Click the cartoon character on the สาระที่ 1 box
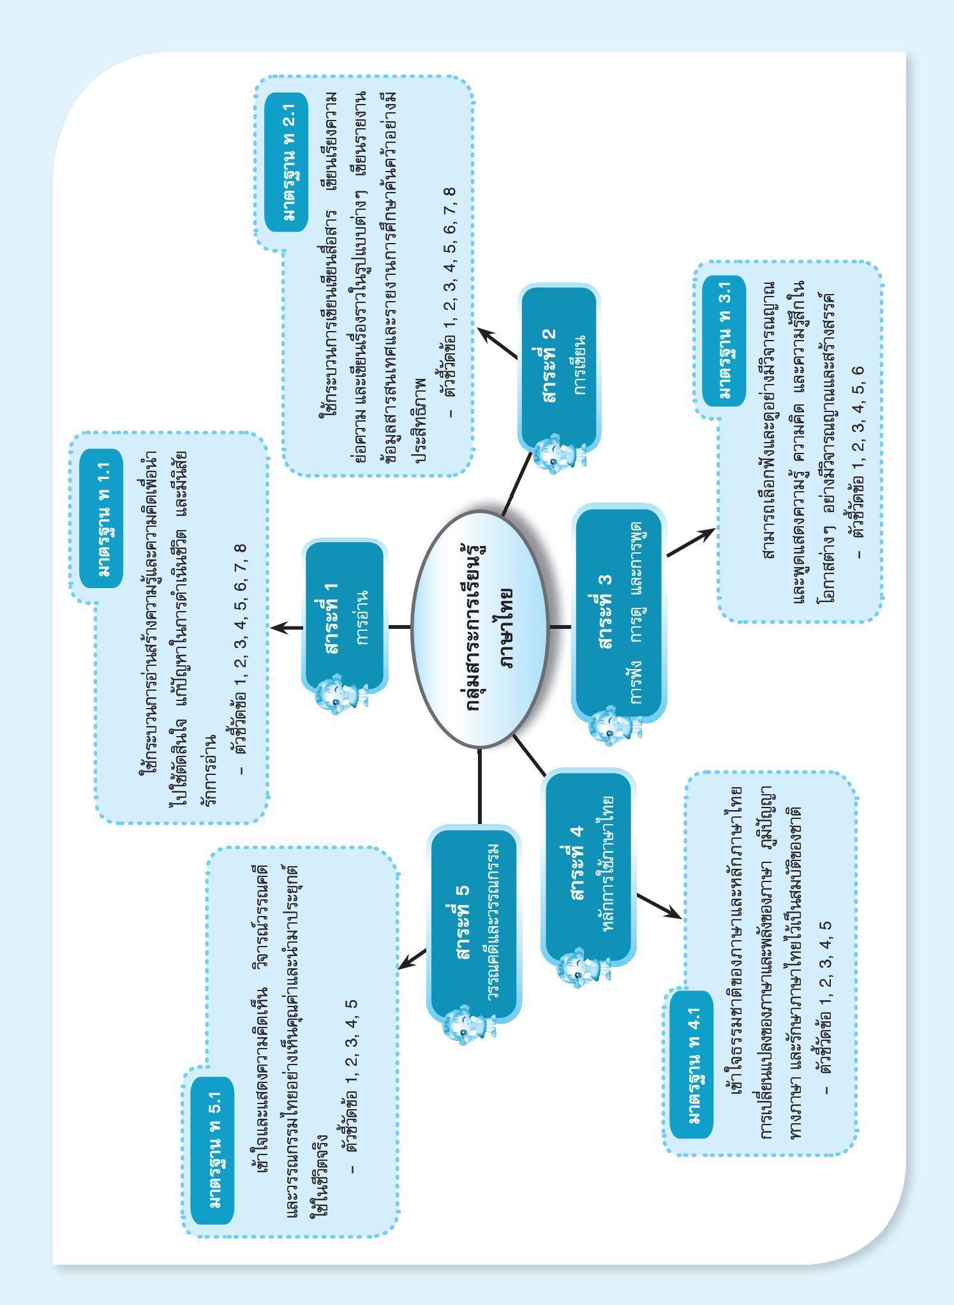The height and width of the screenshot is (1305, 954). [339, 697]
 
